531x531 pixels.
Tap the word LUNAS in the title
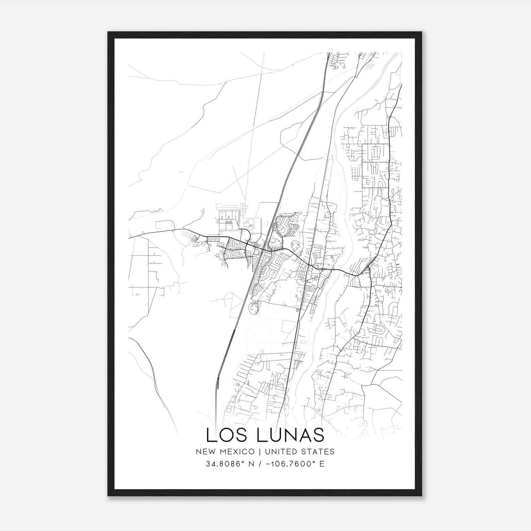point(291,435)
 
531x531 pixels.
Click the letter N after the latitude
point(252,464)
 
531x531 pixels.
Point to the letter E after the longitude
point(322,464)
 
